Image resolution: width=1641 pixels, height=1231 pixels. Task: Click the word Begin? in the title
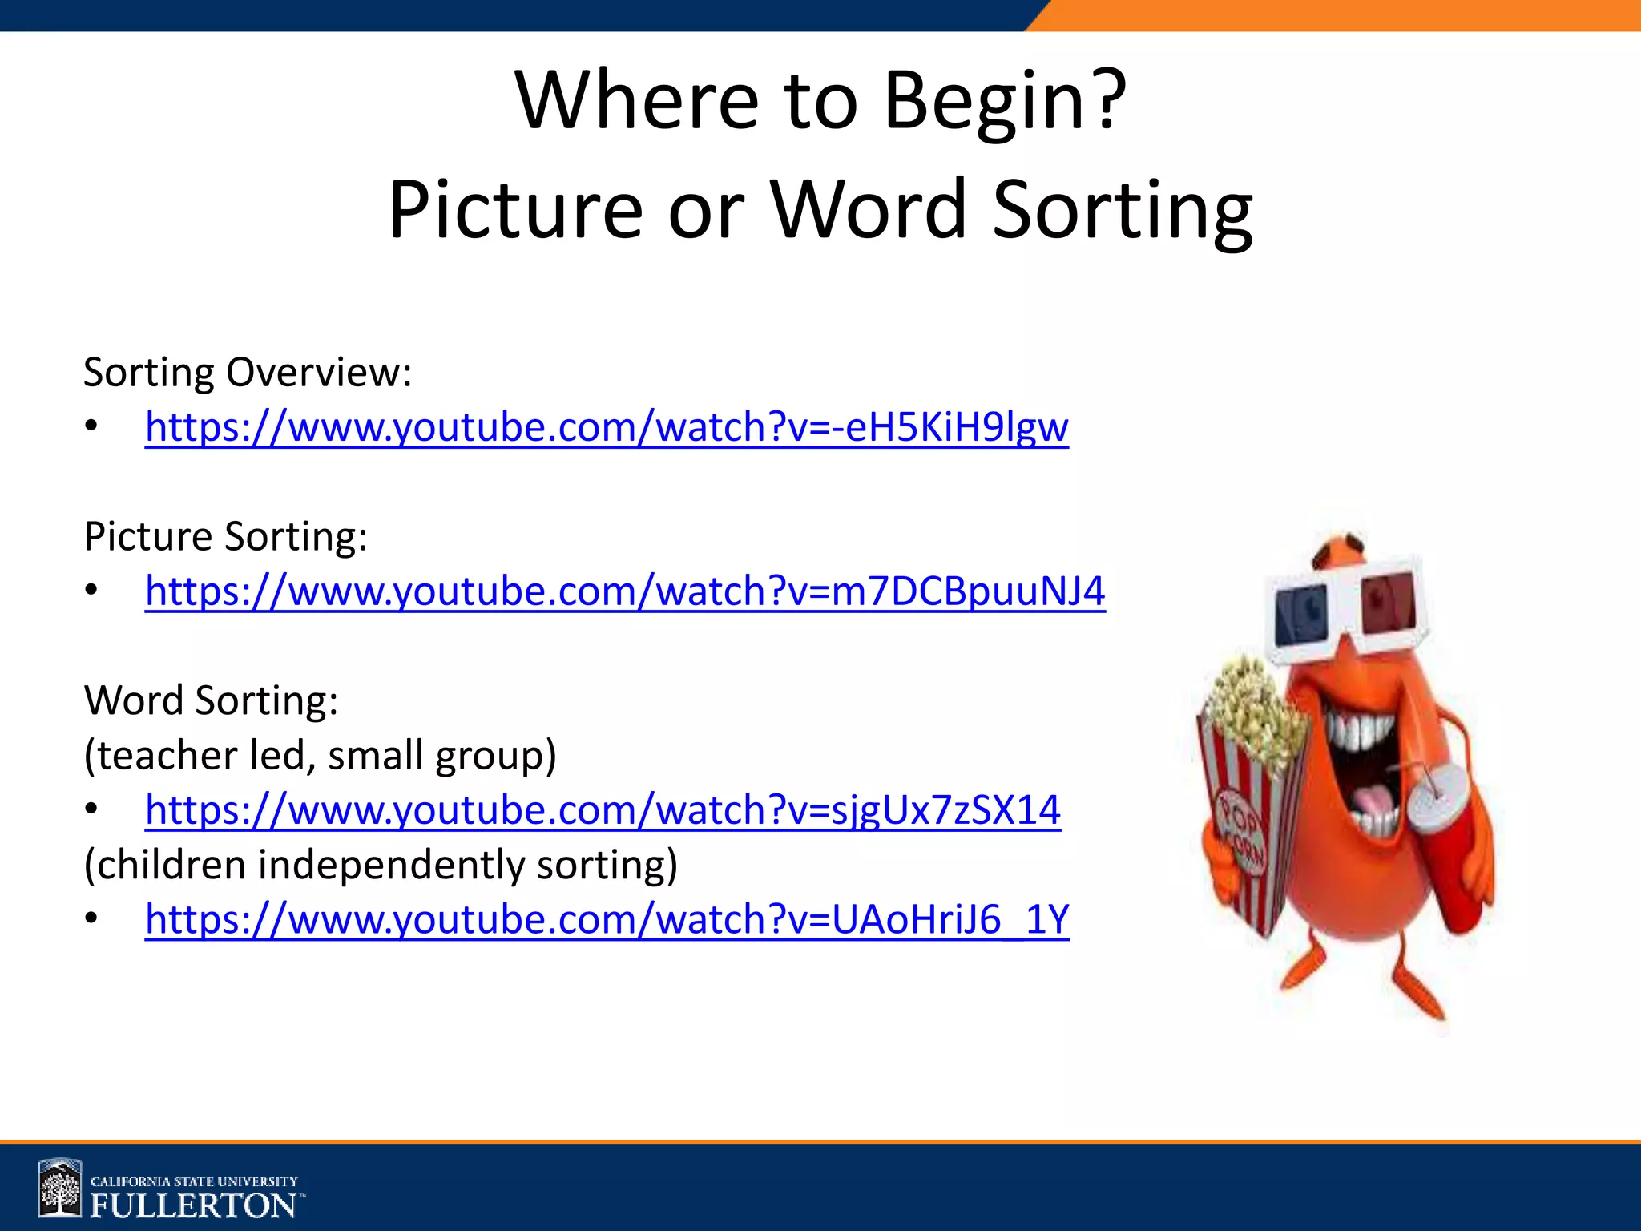1005,101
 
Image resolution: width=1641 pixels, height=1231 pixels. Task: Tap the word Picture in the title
515,210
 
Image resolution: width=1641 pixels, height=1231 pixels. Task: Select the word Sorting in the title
1122,210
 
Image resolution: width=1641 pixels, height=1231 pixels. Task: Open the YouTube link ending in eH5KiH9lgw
607,427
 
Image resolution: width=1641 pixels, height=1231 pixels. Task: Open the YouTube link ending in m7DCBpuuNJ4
625,591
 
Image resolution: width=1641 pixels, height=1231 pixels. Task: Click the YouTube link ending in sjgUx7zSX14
603,810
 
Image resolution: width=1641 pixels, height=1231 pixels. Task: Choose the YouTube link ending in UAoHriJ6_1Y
607,920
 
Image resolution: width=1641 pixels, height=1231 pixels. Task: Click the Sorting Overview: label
248,373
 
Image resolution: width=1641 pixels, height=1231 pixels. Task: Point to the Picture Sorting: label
225,536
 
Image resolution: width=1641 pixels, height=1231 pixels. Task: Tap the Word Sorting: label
211,700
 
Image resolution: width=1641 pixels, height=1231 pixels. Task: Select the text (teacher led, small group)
320,756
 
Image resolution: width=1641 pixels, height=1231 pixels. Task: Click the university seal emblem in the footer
60,1189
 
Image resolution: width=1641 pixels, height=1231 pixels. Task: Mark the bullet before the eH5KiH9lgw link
91,427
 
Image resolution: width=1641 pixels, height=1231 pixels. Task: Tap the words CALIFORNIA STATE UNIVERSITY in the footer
194,1181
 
